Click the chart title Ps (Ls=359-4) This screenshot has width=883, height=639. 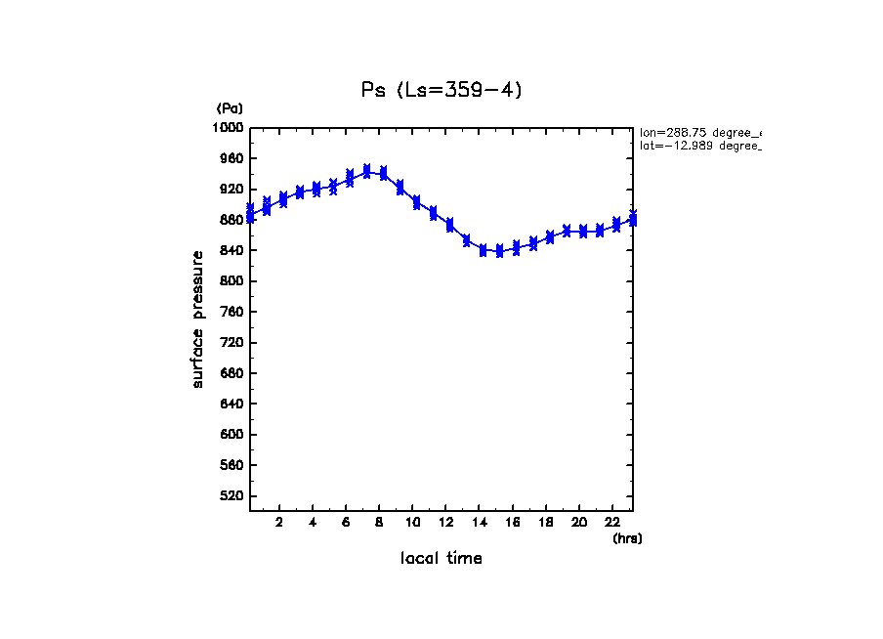coord(441,90)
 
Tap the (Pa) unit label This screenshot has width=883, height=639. coord(230,108)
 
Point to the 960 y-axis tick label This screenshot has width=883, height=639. coord(231,158)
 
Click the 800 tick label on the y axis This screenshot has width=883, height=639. coord(231,281)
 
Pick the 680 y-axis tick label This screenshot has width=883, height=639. coord(231,373)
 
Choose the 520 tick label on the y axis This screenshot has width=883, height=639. coord(231,496)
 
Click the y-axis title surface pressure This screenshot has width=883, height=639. coord(198,319)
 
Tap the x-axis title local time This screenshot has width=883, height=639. coord(441,559)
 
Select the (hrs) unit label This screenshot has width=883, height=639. coord(627,538)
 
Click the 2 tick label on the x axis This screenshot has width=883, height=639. coord(279,522)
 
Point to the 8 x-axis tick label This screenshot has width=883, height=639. coord(378,522)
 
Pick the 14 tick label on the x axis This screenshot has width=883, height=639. coord(483,522)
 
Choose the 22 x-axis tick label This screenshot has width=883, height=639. coord(613,522)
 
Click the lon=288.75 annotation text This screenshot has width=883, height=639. coord(699,132)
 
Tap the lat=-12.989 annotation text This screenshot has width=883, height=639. coord(699,146)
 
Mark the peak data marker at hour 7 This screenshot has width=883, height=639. coord(366,171)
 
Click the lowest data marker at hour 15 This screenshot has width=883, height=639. coord(499,251)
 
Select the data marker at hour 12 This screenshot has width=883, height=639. coord(449,225)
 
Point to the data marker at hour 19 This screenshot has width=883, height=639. coord(566,232)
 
